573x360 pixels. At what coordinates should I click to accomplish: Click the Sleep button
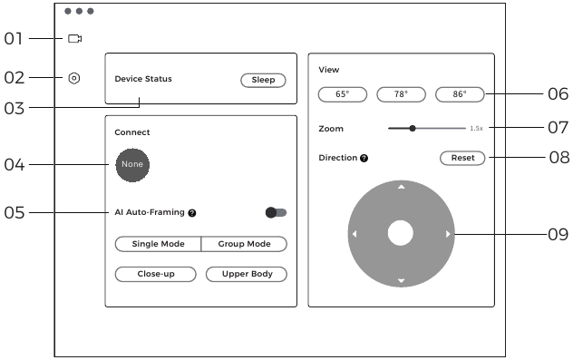[x=263, y=80]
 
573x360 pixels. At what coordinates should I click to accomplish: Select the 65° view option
[x=342, y=93]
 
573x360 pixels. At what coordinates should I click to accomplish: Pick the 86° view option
[x=459, y=93]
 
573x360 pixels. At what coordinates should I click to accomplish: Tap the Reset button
[x=462, y=158]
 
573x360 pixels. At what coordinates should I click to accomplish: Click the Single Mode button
[x=158, y=244]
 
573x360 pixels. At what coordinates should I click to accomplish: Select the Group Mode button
[x=243, y=244]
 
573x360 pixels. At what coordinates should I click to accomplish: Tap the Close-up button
[x=156, y=274]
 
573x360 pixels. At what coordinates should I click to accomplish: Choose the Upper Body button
[x=246, y=274]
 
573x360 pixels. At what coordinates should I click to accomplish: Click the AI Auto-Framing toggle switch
[x=276, y=212]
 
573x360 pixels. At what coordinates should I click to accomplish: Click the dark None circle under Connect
[x=132, y=164]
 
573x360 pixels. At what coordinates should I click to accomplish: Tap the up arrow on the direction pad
[x=401, y=187]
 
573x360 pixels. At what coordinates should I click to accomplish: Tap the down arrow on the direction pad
[x=401, y=281]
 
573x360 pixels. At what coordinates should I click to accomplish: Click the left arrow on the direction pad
[x=354, y=235]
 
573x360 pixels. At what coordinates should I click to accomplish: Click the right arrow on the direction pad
[x=447, y=235]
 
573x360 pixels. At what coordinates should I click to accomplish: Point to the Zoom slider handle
[x=413, y=129]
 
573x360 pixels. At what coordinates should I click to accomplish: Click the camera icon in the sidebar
[x=74, y=39]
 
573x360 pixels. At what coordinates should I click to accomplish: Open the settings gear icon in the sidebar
[x=74, y=78]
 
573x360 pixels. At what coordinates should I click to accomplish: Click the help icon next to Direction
[x=364, y=158]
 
